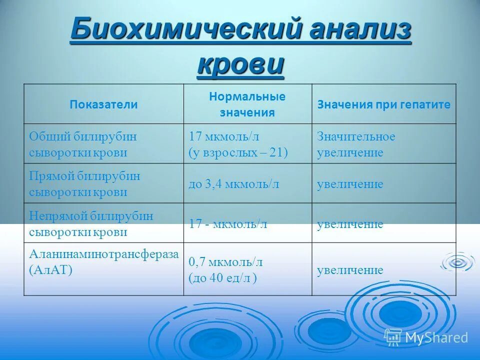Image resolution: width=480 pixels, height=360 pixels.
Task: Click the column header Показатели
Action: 103,104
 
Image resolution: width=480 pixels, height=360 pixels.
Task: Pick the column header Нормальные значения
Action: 247,104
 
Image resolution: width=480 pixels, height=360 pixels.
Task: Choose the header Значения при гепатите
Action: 383,105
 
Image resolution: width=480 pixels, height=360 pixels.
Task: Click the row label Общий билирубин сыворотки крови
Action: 82,144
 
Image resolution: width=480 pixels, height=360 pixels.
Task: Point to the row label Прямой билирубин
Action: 84,176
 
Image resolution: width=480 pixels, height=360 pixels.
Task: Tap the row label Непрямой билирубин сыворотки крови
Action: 91,223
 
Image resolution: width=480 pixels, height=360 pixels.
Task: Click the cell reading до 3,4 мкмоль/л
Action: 233,184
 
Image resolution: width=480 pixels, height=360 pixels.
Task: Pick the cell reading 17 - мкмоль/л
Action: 227,223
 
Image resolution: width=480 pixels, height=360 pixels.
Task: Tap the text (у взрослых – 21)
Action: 238,152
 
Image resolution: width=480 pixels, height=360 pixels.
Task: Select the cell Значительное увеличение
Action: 355,144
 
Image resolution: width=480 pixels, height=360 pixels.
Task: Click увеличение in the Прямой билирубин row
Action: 350,184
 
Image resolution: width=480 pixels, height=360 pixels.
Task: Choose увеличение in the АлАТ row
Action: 350,270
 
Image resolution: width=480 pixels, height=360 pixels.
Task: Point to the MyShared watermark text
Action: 436,338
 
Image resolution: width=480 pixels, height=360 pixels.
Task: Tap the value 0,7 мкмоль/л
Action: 225,261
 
